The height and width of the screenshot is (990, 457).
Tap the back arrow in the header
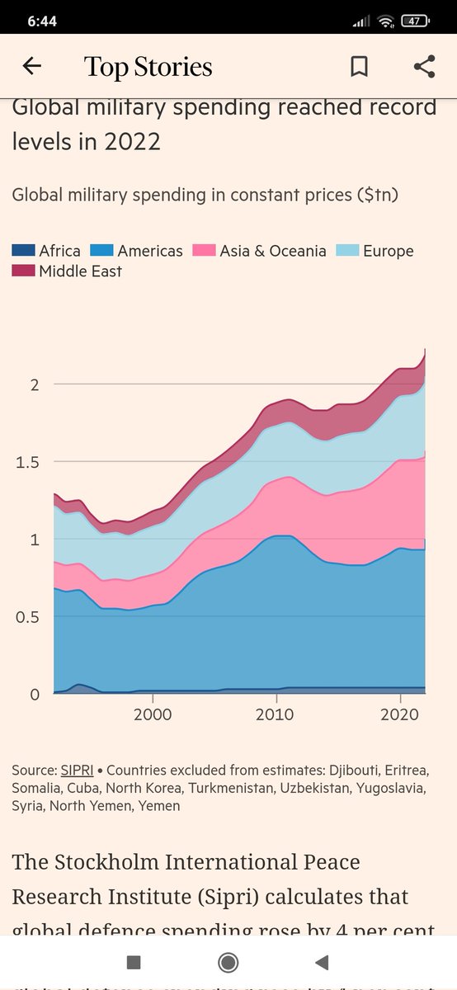31,67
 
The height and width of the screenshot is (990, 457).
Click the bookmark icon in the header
359,67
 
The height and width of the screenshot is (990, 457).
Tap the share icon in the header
424,67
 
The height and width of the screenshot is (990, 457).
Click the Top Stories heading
148,67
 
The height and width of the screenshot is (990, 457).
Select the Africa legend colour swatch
24,251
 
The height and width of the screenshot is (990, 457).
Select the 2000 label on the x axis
153,713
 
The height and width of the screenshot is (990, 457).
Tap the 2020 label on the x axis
400,713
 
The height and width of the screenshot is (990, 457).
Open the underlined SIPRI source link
77,770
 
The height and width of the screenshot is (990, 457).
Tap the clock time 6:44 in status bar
41,21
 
